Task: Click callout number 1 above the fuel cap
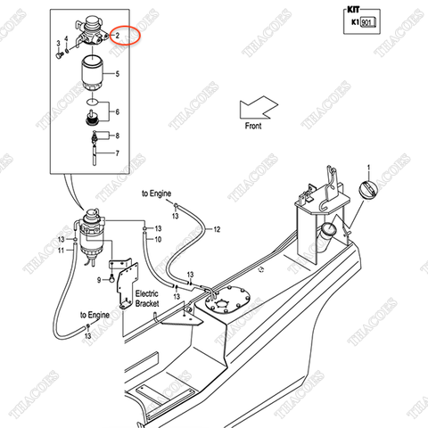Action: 369,166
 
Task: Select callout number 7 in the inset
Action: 130,153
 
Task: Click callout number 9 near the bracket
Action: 99,280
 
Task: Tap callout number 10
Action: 157,240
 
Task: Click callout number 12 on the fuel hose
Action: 215,230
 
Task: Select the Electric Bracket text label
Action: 147,298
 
